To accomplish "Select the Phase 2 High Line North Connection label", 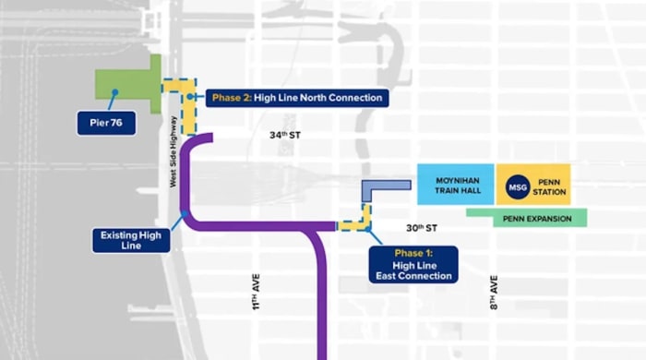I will (x=295, y=98).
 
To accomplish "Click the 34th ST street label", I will (x=286, y=136).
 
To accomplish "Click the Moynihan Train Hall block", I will (x=454, y=185).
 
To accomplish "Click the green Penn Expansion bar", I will (x=526, y=218).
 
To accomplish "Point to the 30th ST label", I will (x=421, y=228).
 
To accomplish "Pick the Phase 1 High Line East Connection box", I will (x=413, y=264).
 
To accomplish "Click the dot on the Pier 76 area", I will (x=114, y=90).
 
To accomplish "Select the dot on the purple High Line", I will (x=185, y=214).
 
